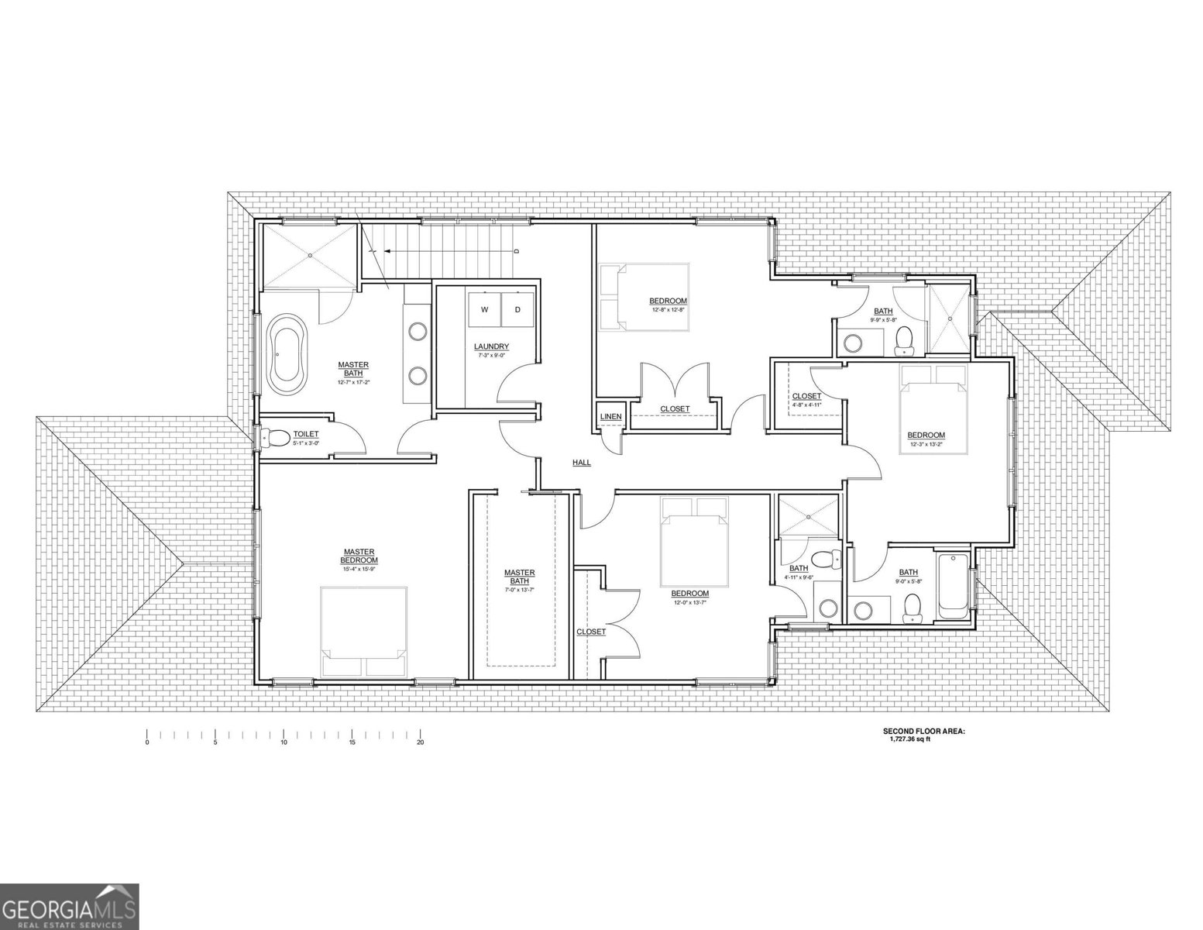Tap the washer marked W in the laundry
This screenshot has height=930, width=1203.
point(485,310)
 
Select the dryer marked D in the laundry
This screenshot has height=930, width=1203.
point(517,310)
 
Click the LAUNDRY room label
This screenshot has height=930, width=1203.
point(491,346)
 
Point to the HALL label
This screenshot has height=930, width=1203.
point(581,463)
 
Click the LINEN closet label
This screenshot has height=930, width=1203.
point(610,417)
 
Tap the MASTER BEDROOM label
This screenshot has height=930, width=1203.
point(359,556)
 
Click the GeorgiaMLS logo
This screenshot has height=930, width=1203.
point(69,906)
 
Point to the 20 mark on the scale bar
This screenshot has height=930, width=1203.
point(420,742)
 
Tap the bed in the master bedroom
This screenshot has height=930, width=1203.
point(364,632)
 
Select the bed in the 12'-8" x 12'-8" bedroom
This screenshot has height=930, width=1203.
point(644,297)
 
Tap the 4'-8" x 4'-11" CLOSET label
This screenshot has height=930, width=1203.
point(806,397)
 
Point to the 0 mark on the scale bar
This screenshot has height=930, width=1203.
point(146,742)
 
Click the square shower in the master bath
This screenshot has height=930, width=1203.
point(309,255)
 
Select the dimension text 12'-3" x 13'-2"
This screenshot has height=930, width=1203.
point(926,445)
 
